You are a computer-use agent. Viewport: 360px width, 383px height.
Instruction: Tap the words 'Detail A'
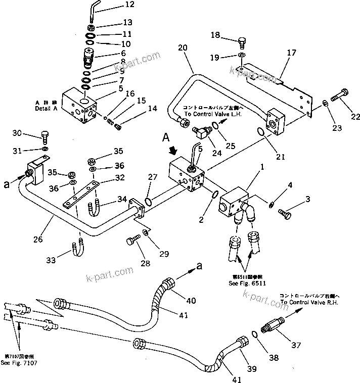pos(47,109)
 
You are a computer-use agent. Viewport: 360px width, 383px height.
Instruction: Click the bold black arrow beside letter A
pos(173,150)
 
